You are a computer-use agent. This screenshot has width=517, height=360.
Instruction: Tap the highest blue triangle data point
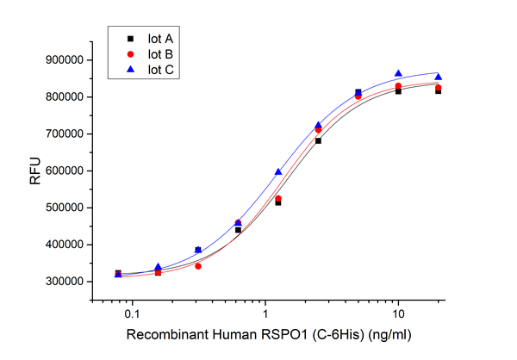398,74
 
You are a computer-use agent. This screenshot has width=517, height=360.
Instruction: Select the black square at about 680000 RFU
319,140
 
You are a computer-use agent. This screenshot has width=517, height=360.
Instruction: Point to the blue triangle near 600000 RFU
278,172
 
